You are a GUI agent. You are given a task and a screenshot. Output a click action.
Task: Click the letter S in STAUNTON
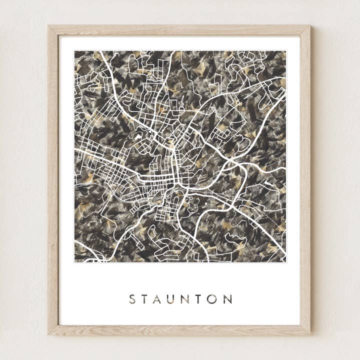[x=132, y=299]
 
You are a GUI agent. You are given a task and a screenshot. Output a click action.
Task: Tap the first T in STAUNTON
[x=146, y=299]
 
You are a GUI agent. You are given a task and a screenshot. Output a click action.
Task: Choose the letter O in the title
[x=213, y=299]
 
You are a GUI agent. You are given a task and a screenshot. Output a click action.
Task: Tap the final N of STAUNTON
[x=228, y=299]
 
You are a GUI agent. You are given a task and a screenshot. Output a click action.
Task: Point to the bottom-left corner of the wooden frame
[x=49, y=333]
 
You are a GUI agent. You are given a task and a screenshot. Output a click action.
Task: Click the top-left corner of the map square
[x=75, y=51]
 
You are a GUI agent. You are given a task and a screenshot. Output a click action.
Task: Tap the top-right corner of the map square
[x=286, y=51]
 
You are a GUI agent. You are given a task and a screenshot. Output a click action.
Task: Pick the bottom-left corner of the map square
[x=75, y=262]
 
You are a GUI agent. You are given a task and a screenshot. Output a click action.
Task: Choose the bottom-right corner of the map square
[x=286, y=262]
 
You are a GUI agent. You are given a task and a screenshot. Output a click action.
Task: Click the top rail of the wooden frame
[x=180, y=30]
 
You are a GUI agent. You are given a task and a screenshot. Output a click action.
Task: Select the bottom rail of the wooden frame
[x=180, y=330]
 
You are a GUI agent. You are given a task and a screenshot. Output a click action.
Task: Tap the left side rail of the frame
[x=53, y=180]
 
